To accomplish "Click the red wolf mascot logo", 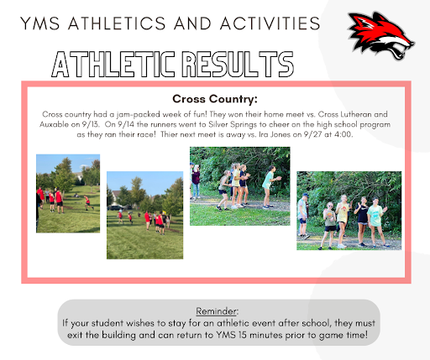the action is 381,36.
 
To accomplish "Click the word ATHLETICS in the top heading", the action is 117,23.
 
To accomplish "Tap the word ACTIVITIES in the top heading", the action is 270,23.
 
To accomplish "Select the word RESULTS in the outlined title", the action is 238,64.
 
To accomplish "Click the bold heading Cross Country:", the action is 215,99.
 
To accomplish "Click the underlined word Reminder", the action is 216,311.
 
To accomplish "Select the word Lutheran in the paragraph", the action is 356,114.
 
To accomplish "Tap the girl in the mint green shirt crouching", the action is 269,187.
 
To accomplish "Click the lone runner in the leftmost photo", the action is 88,203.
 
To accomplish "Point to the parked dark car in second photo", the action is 115,207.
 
